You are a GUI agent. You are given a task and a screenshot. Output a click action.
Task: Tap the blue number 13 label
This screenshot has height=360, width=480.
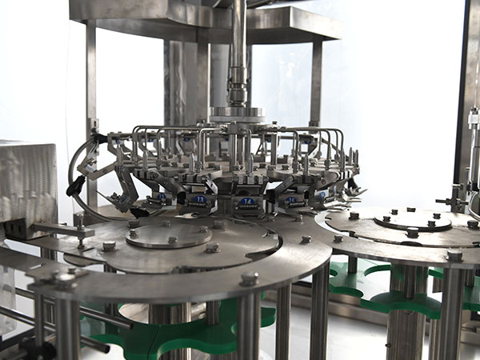[x=200, y=198]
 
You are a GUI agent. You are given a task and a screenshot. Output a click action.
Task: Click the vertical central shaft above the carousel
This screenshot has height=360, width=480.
[x=239, y=48]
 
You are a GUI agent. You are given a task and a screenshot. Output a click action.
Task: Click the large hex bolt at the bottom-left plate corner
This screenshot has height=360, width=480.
[x=64, y=280]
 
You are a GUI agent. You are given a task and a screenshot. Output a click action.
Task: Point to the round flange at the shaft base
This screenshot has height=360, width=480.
[x=238, y=115]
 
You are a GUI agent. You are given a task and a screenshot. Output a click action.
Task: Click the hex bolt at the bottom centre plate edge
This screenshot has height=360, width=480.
[x=250, y=278]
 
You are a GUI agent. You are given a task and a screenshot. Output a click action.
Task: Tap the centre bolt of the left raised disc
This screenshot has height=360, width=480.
[x=172, y=238]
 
